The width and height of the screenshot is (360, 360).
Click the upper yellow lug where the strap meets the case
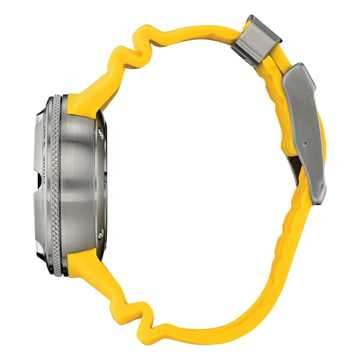click(x=84, y=105)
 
